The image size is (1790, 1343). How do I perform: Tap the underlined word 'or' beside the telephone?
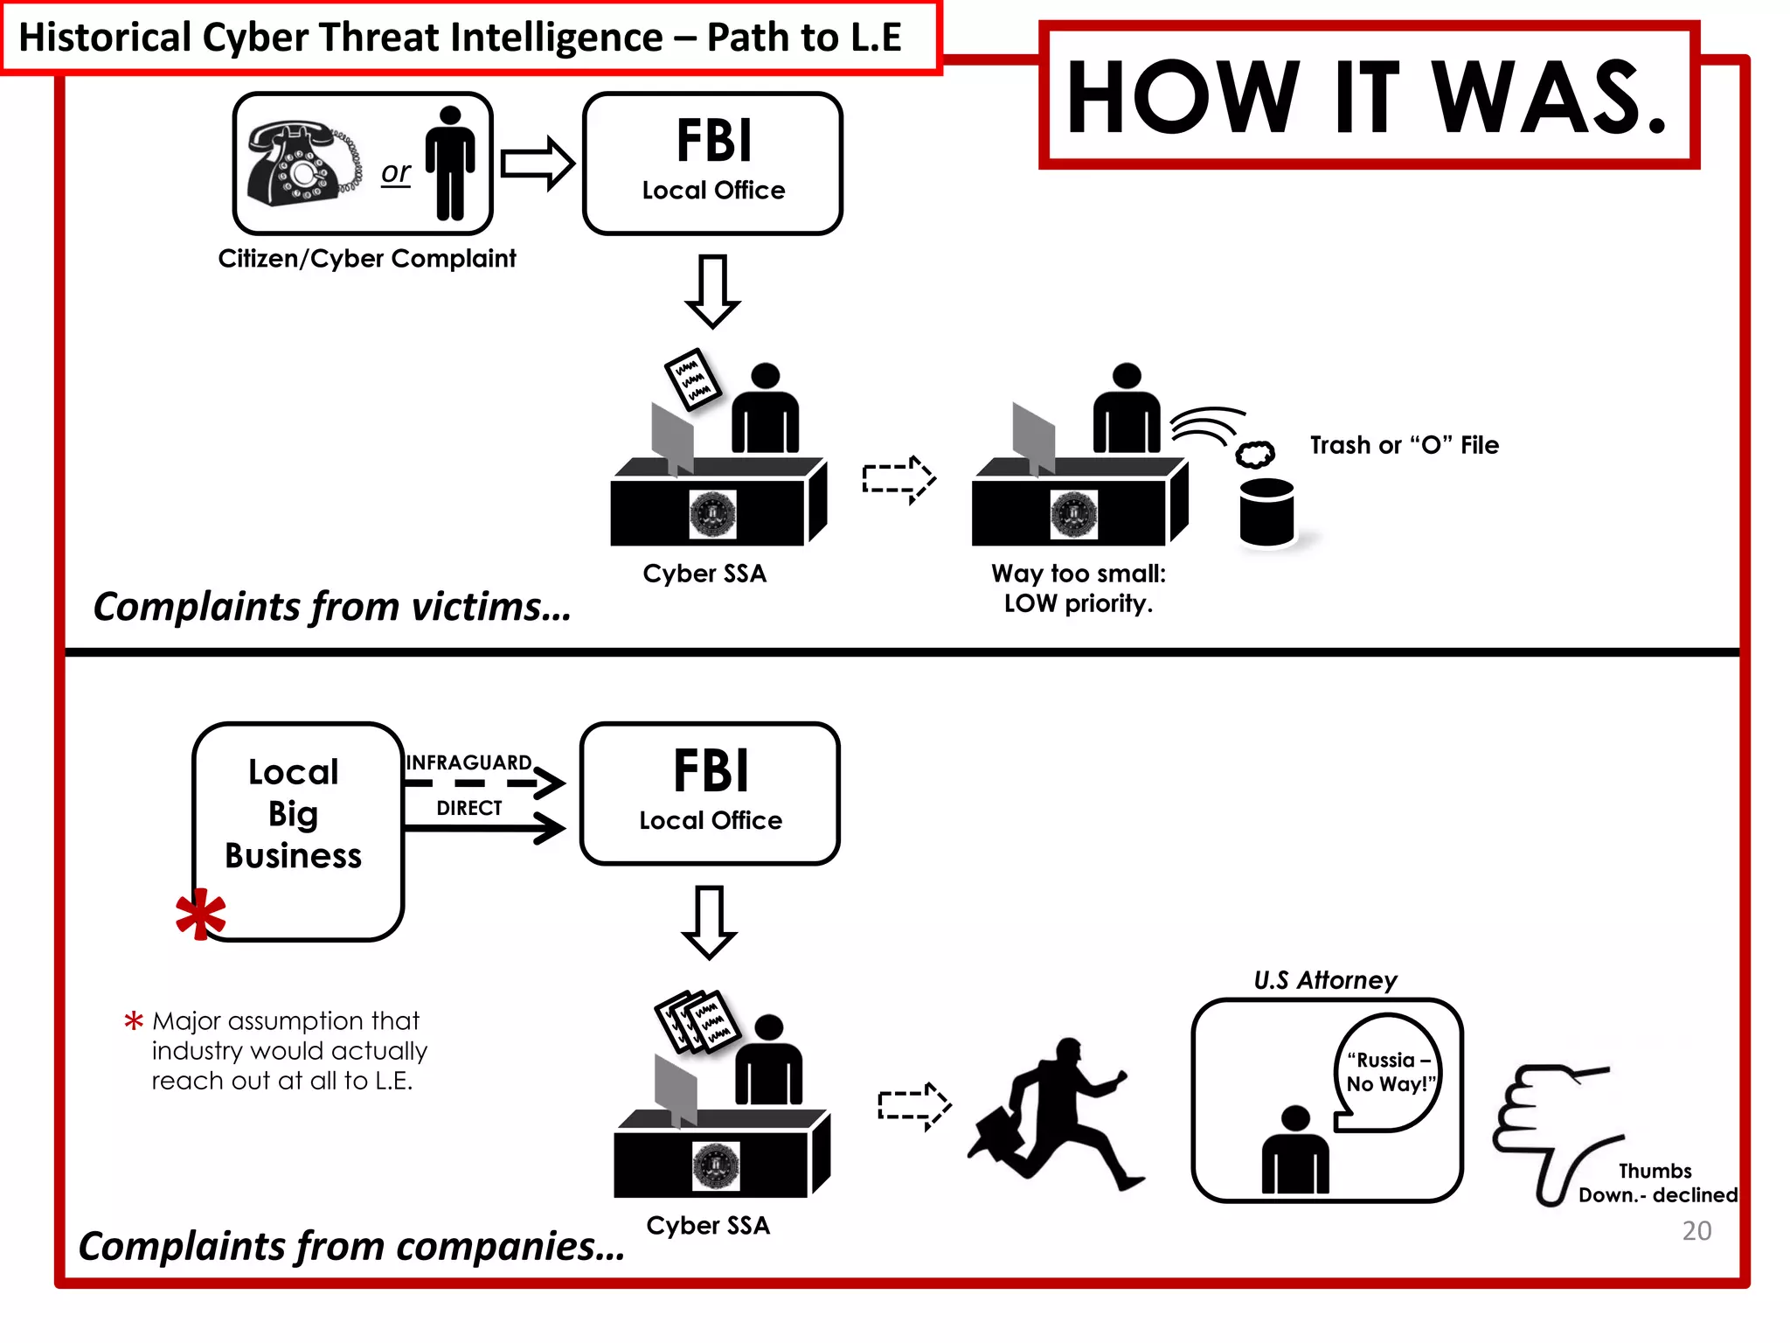pyautogui.click(x=395, y=172)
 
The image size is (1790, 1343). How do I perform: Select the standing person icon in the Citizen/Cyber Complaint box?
pyautogui.click(x=450, y=164)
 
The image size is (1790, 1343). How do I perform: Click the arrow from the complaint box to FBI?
pyautogui.click(x=537, y=164)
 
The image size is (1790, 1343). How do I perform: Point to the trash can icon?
pyautogui.click(x=1266, y=513)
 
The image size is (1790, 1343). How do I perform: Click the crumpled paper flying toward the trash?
pyautogui.click(x=1254, y=454)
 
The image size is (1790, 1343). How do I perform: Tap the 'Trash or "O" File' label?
pyautogui.click(x=1404, y=445)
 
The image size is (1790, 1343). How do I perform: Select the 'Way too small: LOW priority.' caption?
pyautogui.click(x=1078, y=588)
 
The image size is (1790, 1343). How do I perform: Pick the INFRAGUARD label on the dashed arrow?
pyautogui.click(x=468, y=762)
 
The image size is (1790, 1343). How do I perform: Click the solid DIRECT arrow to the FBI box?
pyautogui.click(x=486, y=827)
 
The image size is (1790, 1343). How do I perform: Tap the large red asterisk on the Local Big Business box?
pyautogui.click(x=200, y=914)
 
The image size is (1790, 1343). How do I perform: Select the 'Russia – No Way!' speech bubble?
pyautogui.click(x=1388, y=1073)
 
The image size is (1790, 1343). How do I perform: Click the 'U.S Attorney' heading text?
pyautogui.click(x=1325, y=980)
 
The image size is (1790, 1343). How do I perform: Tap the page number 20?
pyautogui.click(x=1696, y=1231)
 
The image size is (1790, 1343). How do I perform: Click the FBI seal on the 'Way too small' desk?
pyautogui.click(x=1073, y=514)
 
